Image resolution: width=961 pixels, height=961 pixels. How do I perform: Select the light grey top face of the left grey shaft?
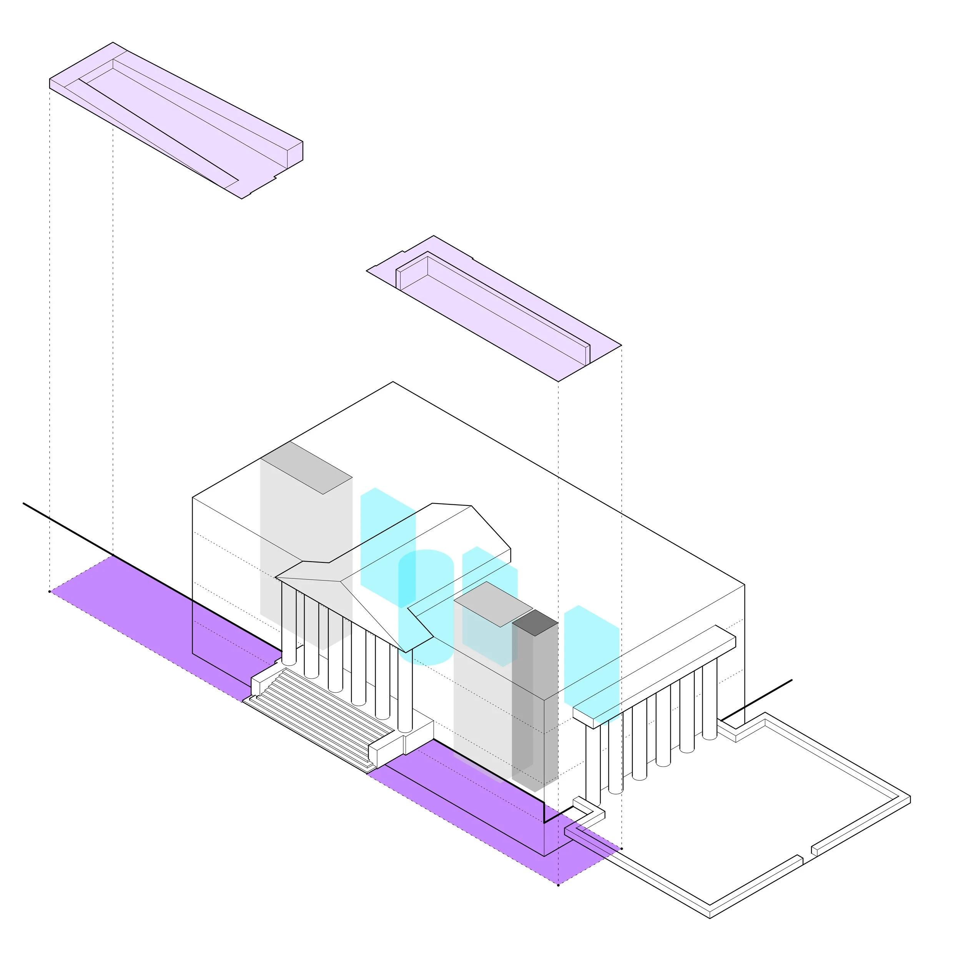pos(306,467)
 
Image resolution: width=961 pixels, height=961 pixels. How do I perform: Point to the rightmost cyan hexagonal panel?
pos(592,657)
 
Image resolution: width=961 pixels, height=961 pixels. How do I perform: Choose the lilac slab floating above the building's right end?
pos(492,308)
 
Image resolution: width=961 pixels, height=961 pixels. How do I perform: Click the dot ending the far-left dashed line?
pos(50,592)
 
